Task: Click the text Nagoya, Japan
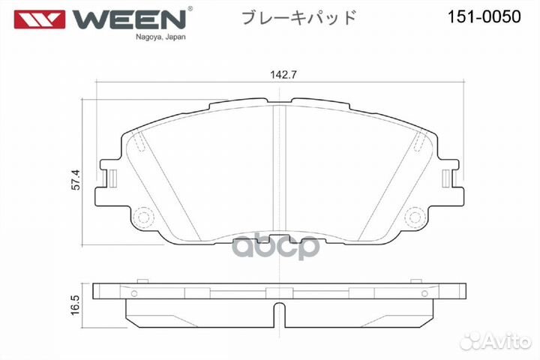click(160, 37)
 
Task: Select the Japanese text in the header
click(298, 17)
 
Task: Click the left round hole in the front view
click(144, 217)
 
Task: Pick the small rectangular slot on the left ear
click(112, 178)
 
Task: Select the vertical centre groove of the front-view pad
click(279, 172)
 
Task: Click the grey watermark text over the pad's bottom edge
click(278, 247)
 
